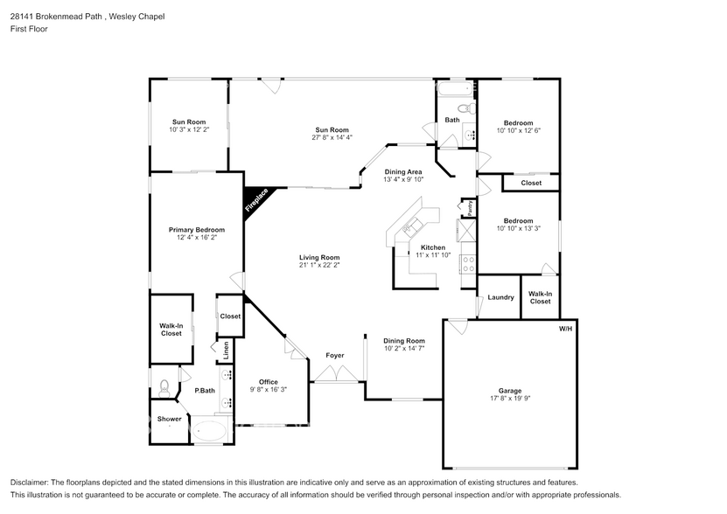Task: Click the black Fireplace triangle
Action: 257,201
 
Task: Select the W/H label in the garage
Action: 565,329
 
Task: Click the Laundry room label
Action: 500,297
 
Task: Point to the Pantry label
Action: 470,207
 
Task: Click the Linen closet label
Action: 226,350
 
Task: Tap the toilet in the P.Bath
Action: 164,385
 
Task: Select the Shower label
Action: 169,419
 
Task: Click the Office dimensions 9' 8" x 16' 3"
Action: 269,390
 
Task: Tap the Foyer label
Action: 335,356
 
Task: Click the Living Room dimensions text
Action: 318,265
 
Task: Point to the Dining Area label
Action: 403,172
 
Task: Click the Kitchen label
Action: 433,247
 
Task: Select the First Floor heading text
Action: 29,29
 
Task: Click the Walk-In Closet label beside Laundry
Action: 540,297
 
